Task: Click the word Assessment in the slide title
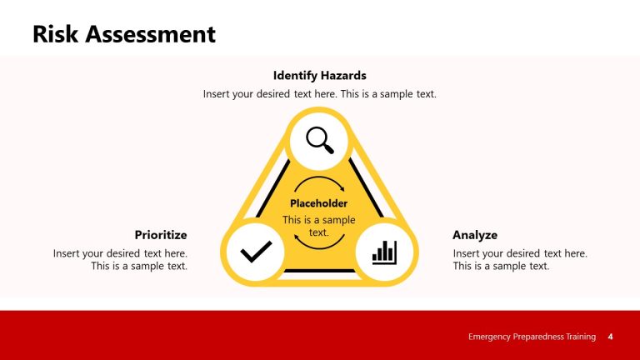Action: point(152,34)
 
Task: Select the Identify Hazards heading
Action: point(319,75)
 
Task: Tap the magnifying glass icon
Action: point(319,139)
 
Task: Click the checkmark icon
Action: point(256,252)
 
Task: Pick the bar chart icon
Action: point(384,252)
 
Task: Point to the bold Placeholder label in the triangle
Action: point(319,203)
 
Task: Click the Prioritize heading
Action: point(161,235)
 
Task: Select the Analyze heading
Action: point(475,235)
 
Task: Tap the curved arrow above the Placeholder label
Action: point(319,183)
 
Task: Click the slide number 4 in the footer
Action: point(611,337)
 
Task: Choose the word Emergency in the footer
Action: point(492,337)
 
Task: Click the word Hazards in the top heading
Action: point(342,75)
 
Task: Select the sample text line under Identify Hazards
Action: point(319,94)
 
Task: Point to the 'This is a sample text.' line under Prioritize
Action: point(139,266)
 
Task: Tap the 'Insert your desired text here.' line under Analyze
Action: point(520,253)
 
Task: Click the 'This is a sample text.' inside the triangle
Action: point(319,226)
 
